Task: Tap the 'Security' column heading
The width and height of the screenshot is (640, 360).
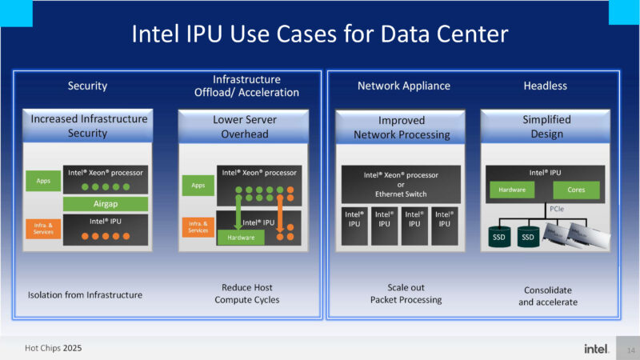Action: (x=87, y=86)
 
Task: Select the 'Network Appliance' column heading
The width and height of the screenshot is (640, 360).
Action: (x=403, y=86)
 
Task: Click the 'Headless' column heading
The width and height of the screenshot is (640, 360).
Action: (x=545, y=86)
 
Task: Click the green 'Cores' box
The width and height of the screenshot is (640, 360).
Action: (x=575, y=190)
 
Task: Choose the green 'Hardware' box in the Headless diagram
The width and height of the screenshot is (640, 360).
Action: (x=511, y=190)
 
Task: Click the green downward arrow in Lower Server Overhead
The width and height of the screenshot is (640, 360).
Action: (x=238, y=212)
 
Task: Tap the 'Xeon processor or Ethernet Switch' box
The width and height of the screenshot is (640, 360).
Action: (x=402, y=184)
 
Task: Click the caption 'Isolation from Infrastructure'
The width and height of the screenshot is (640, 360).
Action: (x=86, y=294)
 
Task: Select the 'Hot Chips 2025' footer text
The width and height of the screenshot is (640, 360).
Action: (x=53, y=349)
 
